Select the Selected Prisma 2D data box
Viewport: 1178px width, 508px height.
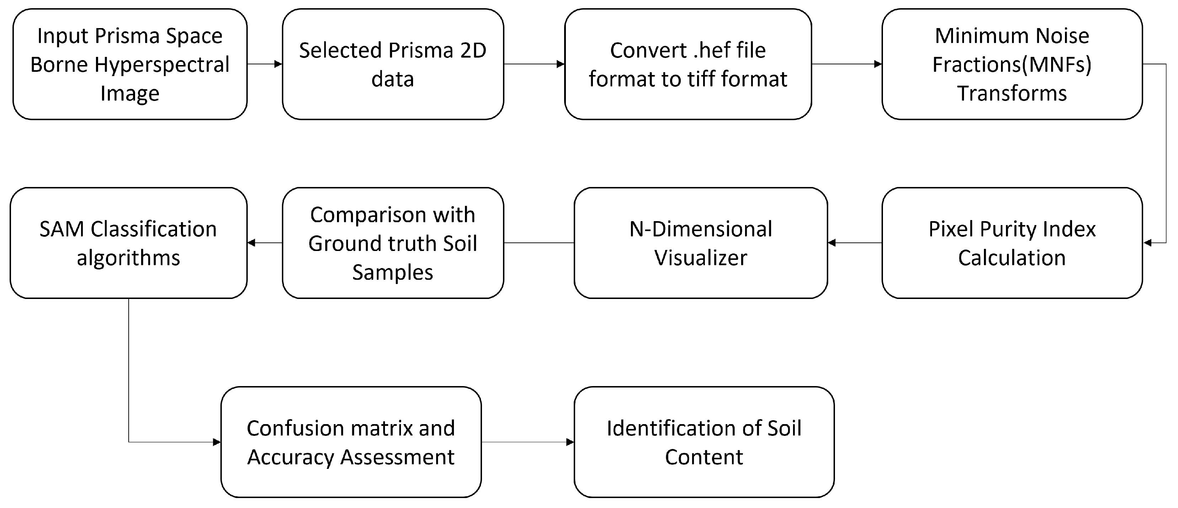(393, 64)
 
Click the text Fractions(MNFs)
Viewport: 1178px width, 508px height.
(1012, 64)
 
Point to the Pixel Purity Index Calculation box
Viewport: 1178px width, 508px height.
(1012, 243)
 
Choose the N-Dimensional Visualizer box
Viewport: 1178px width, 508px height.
(700, 243)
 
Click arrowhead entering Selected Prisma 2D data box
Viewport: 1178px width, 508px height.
(278, 64)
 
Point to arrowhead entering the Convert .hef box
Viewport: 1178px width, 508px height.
(560, 64)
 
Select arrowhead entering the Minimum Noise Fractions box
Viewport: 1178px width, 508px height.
(878, 64)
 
